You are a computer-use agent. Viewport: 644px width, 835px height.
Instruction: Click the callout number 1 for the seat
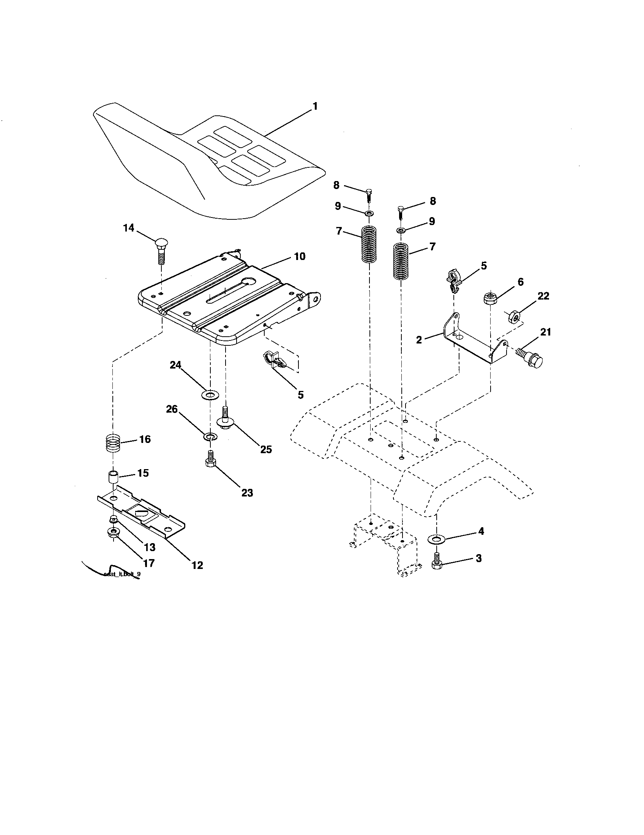click(315, 107)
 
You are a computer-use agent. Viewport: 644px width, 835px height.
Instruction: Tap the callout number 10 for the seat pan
click(300, 257)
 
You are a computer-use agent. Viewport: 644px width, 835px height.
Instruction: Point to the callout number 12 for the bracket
click(197, 565)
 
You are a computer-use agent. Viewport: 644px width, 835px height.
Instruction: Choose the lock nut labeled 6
click(489, 298)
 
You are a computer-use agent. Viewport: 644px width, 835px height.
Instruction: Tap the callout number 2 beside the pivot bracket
click(419, 340)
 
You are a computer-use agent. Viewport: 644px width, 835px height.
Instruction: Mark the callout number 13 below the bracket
click(150, 547)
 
